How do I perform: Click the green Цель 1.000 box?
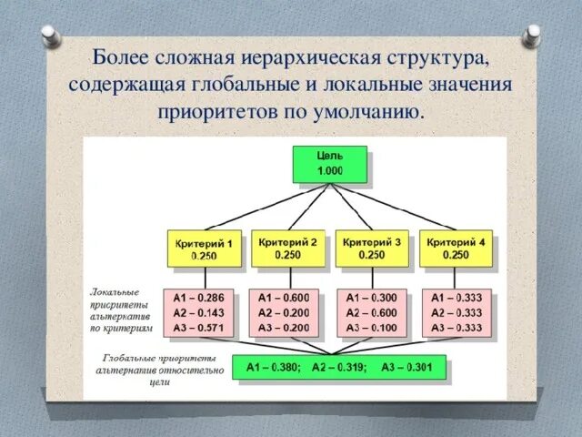[x=330, y=164]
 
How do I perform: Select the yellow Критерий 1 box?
[x=205, y=249]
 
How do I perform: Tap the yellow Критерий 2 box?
[x=287, y=249]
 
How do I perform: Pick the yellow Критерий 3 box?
[x=371, y=249]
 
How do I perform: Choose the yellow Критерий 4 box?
[x=456, y=249]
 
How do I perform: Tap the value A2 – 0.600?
[x=371, y=312]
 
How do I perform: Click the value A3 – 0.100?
[x=371, y=328]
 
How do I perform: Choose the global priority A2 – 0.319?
[x=338, y=368]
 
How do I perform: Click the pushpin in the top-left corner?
[x=52, y=34]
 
